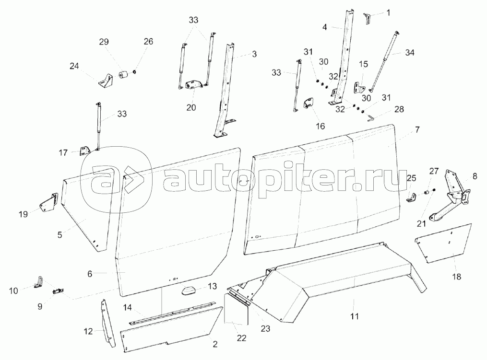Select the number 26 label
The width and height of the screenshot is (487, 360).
(148, 42)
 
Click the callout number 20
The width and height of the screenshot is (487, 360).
(191, 107)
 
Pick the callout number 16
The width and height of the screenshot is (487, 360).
(321, 126)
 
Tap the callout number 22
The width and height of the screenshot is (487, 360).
(241, 338)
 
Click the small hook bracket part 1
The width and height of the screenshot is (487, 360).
(368, 18)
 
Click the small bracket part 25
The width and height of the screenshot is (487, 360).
(411, 197)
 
